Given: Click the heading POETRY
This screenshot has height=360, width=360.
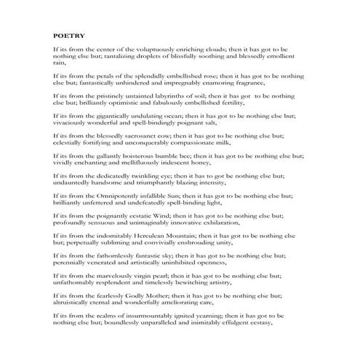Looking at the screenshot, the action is (69, 33).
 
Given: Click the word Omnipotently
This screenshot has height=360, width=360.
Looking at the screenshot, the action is (116, 196).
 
